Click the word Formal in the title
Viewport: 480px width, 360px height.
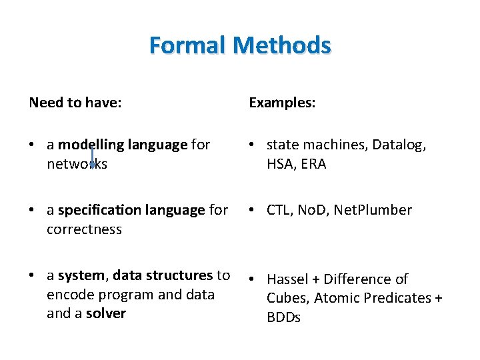click(189, 45)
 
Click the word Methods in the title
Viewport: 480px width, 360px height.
click(283, 45)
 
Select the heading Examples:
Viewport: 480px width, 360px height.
click(282, 103)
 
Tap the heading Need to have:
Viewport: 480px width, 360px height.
click(75, 103)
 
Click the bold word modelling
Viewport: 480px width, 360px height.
click(86, 145)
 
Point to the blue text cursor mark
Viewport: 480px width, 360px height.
click(92, 157)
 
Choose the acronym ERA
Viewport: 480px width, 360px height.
click(313, 164)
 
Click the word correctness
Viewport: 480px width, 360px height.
click(84, 229)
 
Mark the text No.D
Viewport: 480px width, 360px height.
click(311, 210)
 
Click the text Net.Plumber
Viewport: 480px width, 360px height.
click(373, 210)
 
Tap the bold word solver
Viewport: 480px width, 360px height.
click(105, 313)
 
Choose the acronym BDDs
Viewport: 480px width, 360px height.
click(283, 317)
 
